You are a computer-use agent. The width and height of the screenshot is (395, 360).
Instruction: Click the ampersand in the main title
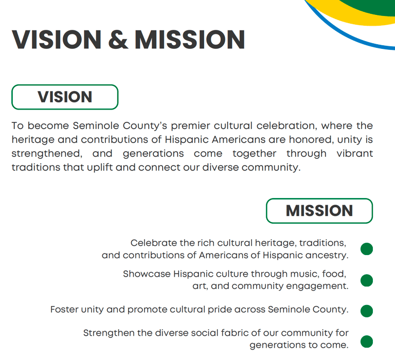[x=118, y=40]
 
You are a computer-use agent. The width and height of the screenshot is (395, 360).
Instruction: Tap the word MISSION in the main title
[x=190, y=40]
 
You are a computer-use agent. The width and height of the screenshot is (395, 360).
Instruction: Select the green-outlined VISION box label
[x=65, y=97]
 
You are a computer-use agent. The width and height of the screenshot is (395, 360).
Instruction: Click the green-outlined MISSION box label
[x=319, y=211]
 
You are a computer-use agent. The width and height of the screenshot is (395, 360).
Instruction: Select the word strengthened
[x=47, y=154]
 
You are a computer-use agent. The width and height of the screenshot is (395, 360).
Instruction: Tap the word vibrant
[x=355, y=153]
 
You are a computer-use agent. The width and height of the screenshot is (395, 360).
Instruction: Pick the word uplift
[x=100, y=167]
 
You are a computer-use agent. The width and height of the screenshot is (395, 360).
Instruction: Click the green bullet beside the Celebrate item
[x=367, y=249]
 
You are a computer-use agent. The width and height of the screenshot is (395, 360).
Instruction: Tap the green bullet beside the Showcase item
[x=367, y=280]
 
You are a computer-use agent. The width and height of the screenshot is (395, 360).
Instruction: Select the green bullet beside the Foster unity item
[x=367, y=311]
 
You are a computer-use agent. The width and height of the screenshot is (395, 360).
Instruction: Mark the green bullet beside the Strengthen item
[x=367, y=341]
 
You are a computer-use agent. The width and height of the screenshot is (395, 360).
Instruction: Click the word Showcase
[x=147, y=274]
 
